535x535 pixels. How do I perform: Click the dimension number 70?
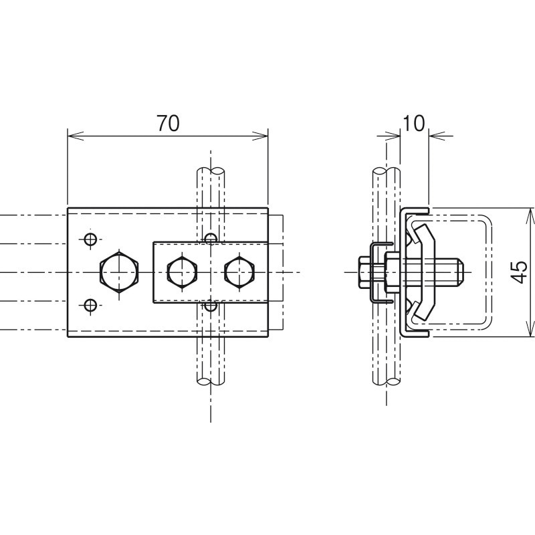pos(168,123)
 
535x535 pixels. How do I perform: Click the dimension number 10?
pos(414,123)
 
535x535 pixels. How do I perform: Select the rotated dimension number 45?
pos(520,272)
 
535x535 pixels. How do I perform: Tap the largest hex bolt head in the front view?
pos(119,272)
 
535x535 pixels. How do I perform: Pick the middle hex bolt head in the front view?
pos(182,272)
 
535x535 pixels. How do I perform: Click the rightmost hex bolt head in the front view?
pos(239,272)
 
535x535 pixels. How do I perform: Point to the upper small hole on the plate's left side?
pos(90,239)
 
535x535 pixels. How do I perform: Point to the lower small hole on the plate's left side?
pos(90,305)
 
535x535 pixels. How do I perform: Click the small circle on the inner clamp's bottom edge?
pos(211,306)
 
